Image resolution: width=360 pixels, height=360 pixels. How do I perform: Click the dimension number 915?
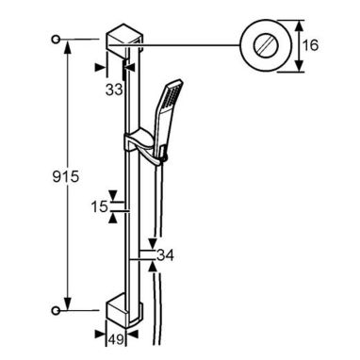coord(66,177)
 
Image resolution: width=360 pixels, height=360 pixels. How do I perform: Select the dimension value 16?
coord(310,45)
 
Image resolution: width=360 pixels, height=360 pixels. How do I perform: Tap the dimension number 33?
coord(114,90)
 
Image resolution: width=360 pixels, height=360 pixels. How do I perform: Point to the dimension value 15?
coord(100,206)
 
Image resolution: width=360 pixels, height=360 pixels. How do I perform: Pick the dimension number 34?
coord(165,255)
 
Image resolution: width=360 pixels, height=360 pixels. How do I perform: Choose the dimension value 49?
coord(116,339)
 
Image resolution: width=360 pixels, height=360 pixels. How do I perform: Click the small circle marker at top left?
coord(56,40)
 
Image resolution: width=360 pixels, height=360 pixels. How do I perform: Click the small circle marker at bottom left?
coord(56,310)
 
